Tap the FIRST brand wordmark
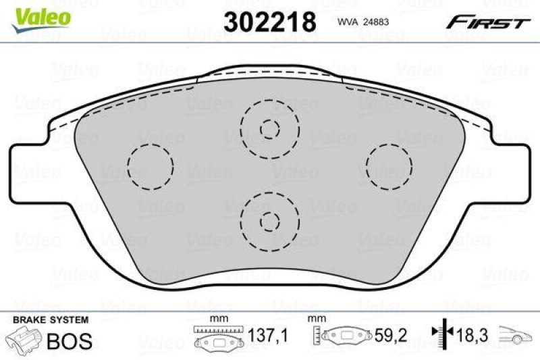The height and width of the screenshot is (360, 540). (x=486, y=23)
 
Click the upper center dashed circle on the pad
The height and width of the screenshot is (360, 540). (x=270, y=128)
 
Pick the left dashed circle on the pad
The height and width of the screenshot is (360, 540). (x=151, y=166)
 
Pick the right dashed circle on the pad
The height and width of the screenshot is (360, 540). (x=388, y=166)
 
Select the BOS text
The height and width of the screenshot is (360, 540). (x=68, y=341)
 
